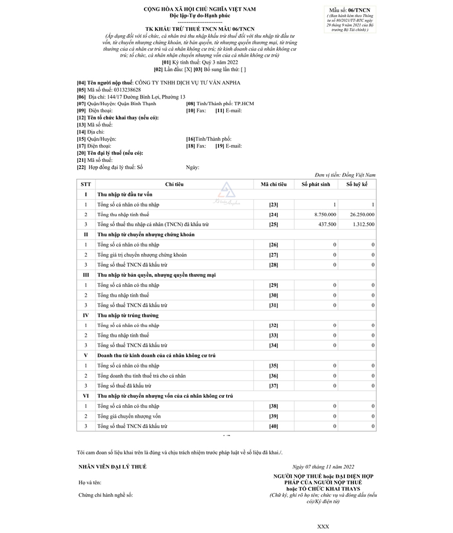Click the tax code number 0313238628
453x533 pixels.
(123, 90)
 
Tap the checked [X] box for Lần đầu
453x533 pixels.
(188, 69)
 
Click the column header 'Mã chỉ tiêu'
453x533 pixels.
(273, 184)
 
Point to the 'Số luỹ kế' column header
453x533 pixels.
(357, 184)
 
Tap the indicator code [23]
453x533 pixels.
(273, 204)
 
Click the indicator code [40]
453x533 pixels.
(273, 427)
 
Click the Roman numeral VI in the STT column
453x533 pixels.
(86, 396)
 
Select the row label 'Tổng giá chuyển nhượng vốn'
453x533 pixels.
(128, 416)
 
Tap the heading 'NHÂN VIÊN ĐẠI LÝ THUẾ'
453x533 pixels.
(112, 467)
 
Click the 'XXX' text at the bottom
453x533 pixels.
(323, 526)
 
